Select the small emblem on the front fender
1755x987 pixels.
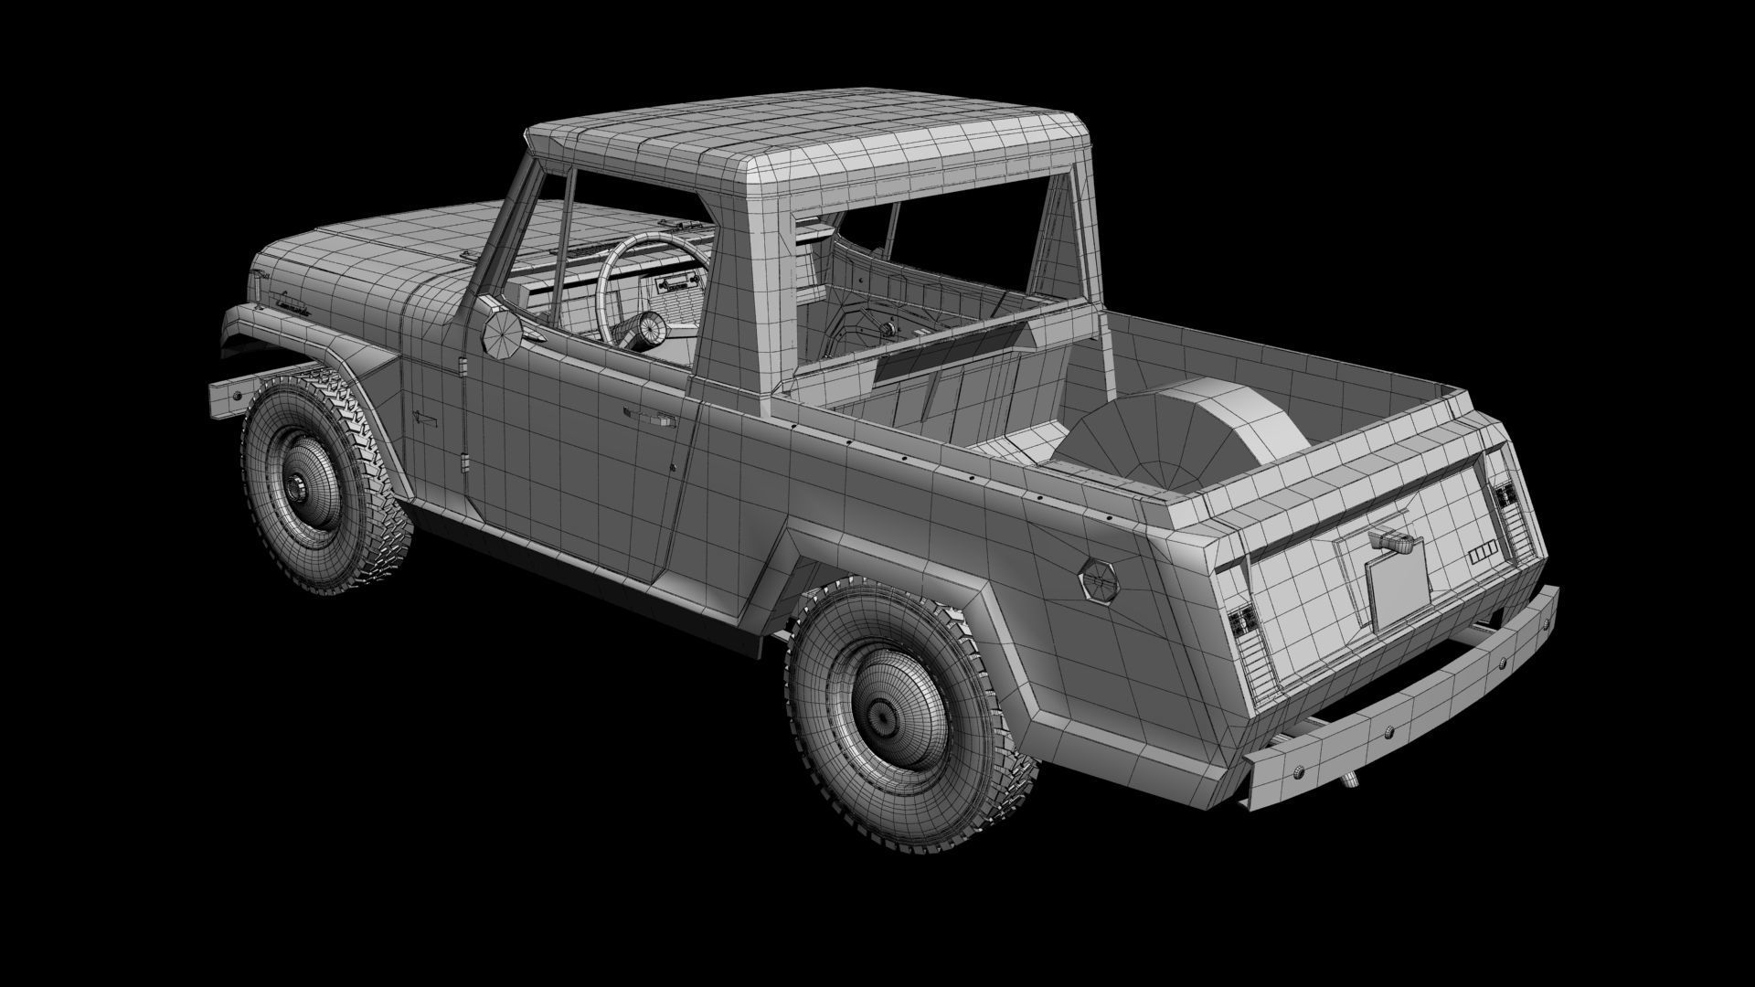(x=423, y=417)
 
